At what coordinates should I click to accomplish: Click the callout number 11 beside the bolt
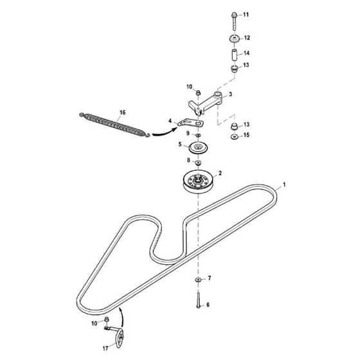point(246,15)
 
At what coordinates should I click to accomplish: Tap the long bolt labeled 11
point(234,21)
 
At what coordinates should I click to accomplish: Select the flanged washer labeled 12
point(235,39)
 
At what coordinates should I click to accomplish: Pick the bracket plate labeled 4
point(190,123)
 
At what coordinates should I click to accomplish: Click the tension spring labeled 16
point(114,125)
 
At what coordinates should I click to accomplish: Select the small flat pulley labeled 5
point(198,148)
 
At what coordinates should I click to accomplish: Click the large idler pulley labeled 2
point(199,182)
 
